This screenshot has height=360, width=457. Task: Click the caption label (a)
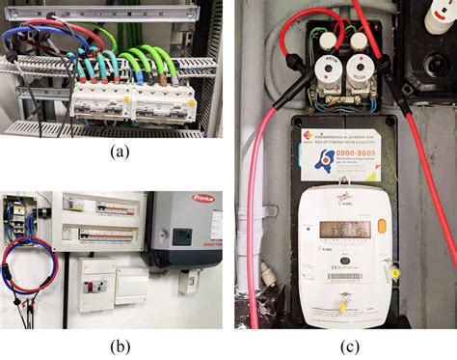pos(119,151)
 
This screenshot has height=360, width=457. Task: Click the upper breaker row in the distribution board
pos(99,208)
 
